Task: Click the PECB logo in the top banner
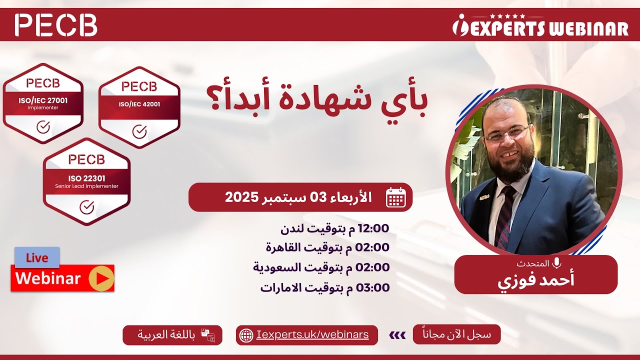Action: click(x=56, y=25)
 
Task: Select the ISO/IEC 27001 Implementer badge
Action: click(x=43, y=103)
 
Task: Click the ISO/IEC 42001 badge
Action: click(x=139, y=107)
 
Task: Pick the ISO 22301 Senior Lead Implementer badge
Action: click(x=86, y=181)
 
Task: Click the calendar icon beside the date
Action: click(x=395, y=197)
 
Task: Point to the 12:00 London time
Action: click(x=373, y=228)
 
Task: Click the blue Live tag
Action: click(x=37, y=258)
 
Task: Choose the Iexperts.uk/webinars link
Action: click(x=312, y=334)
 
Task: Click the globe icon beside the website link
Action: click(x=246, y=335)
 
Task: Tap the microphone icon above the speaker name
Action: click(x=556, y=263)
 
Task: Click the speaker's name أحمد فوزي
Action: click(x=535, y=279)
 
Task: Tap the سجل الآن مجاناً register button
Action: click(x=456, y=334)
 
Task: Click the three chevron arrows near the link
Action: click(x=397, y=335)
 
